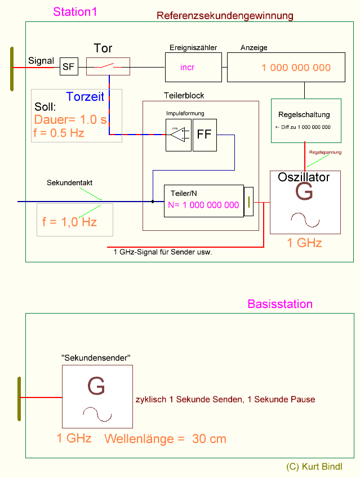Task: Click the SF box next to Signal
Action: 68,68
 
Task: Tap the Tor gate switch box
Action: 108,66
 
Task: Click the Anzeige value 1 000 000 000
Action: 296,68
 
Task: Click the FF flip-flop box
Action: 205,135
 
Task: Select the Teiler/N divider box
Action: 203,200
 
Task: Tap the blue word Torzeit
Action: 85,97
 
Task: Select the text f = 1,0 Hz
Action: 69,222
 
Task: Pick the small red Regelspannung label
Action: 325,153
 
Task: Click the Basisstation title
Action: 280,305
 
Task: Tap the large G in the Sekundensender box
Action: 96,387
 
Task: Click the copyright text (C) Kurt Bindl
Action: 314,467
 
